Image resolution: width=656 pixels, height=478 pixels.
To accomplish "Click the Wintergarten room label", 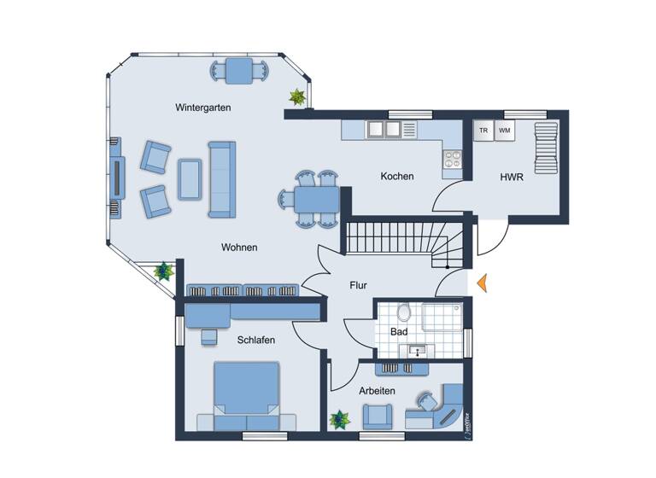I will click(203, 108).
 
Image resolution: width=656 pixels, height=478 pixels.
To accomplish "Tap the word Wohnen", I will click(239, 248).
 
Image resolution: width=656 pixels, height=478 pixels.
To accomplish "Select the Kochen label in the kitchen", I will click(397, 177).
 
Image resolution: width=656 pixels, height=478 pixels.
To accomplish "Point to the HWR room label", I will click(512, 178).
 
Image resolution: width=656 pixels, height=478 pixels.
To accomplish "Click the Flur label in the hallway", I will click(358, 286).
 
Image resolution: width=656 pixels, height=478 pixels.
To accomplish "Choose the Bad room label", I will click(399, 331).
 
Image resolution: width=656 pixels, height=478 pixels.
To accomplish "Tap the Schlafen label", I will click(256, 340).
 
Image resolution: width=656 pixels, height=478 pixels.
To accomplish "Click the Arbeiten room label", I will click(377, 390).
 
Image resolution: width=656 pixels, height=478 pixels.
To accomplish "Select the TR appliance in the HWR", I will click(483, 131).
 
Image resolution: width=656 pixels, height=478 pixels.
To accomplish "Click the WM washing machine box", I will click(505, 131).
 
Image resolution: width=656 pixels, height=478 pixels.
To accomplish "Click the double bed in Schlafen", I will click(246, 396).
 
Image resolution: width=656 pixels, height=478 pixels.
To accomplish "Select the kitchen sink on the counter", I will click(383, 130).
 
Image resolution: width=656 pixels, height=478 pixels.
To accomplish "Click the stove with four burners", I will click(451, 158).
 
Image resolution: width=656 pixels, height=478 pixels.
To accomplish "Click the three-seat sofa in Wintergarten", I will click(220, 179).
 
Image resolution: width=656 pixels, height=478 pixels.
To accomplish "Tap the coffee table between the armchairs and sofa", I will click(189, 178).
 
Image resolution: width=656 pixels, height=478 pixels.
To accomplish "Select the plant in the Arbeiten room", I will click(340, 419).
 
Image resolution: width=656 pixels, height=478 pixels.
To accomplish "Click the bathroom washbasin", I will click(417, 350).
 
